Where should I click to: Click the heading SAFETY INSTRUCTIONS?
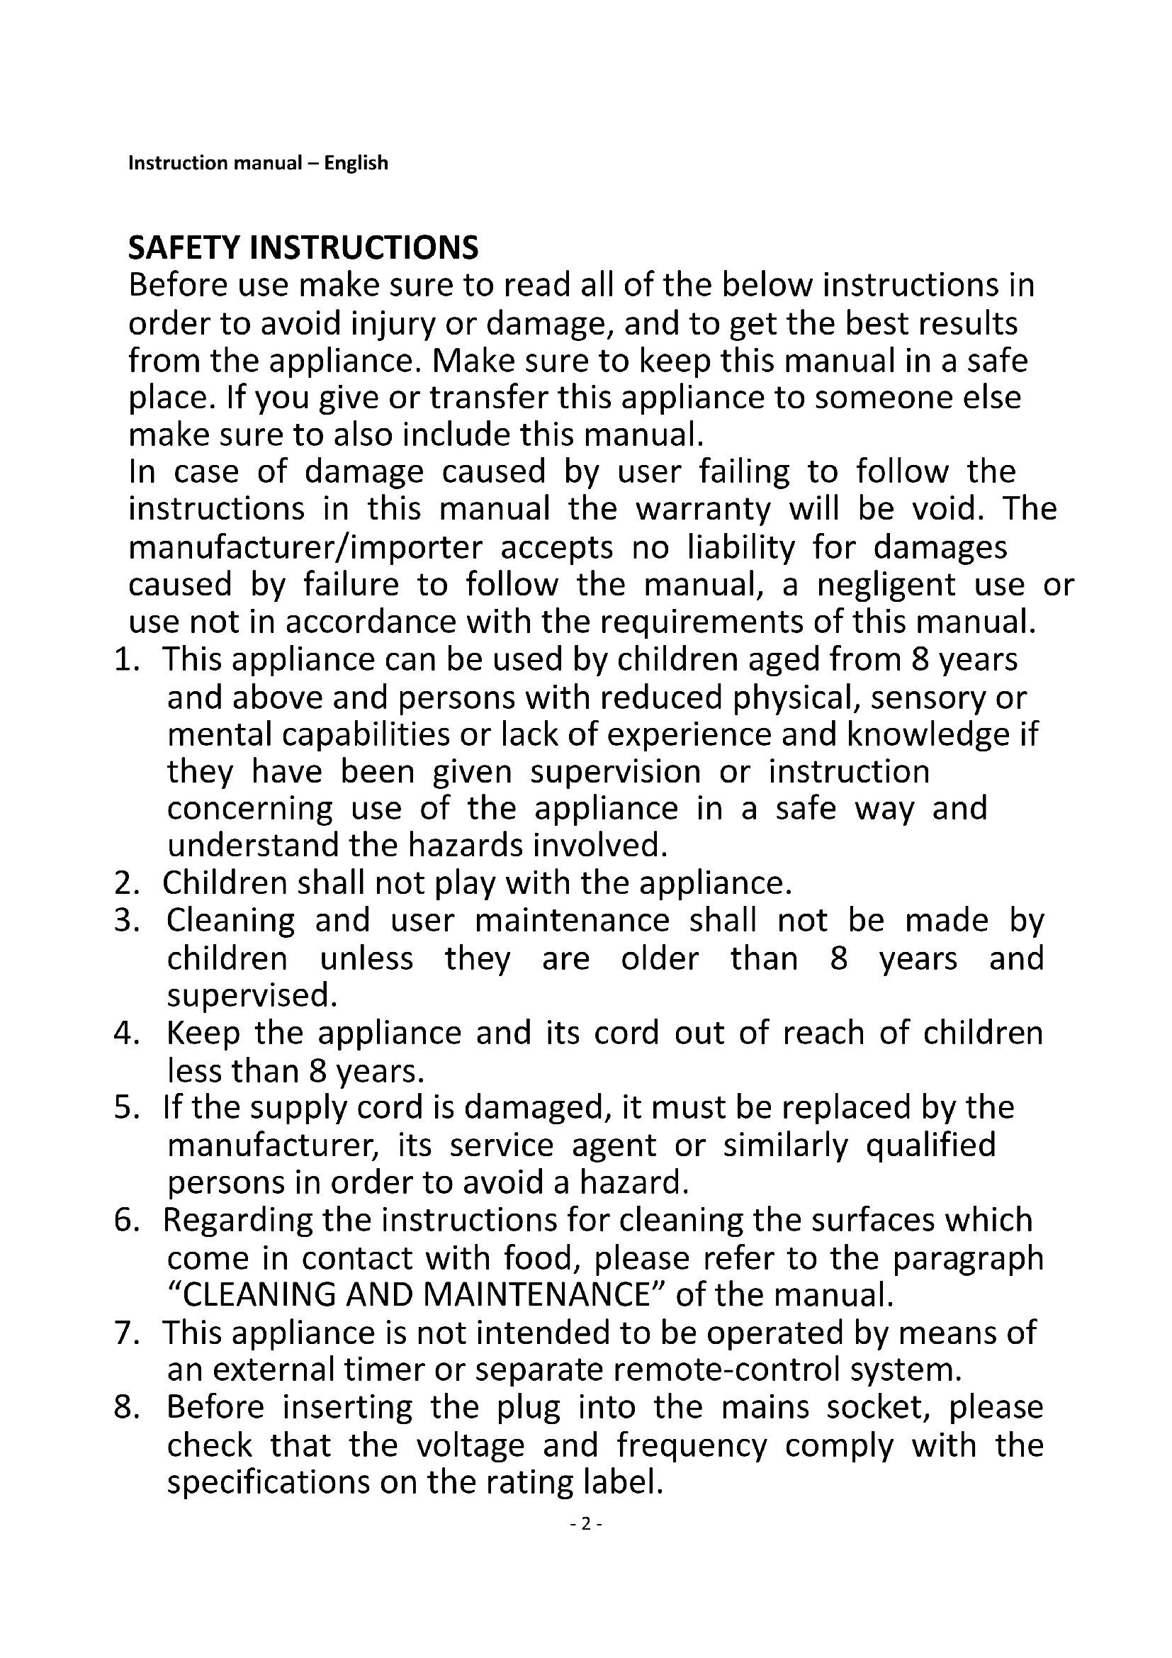(x=303, y=247)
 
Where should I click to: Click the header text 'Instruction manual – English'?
(x=258, y=163)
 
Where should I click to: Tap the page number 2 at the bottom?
(x=586, y=1524)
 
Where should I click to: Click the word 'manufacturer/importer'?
(x=305, y=547)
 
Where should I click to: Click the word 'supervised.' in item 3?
(x=252, y=996)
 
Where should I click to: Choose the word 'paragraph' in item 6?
(x=968, y=1258)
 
